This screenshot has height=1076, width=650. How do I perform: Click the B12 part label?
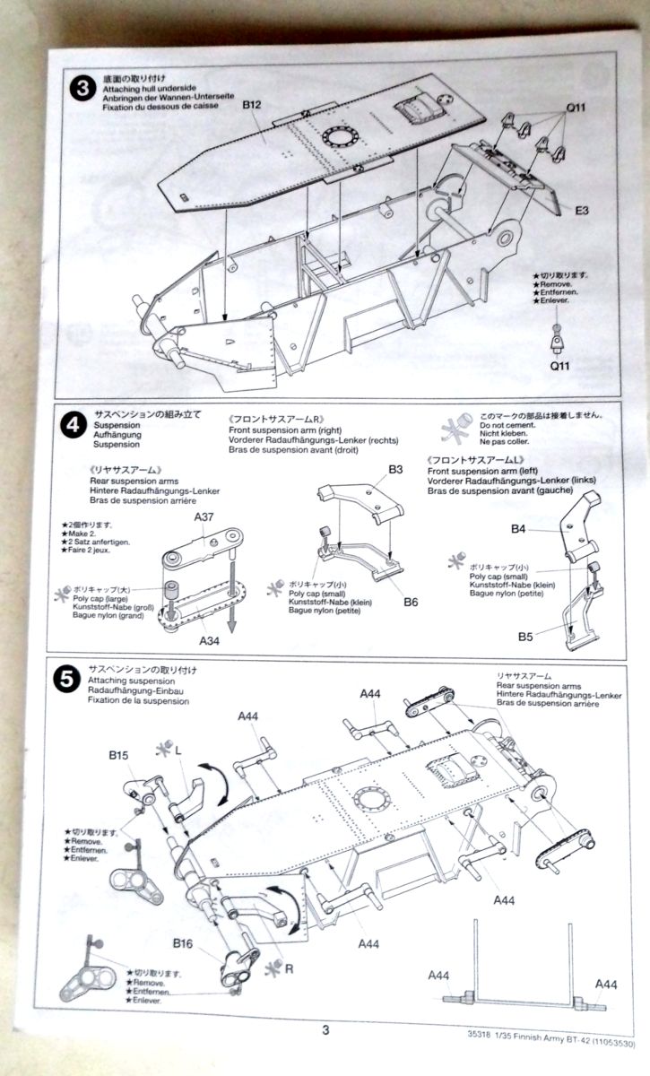(x=252, y=106)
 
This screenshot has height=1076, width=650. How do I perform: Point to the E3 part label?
(x=582, y=212)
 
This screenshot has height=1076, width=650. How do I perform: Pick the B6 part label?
(x=410, y=602)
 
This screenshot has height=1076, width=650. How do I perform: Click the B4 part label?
(x=518, y=529)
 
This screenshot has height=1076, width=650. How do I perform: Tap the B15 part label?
(x=121, y=757)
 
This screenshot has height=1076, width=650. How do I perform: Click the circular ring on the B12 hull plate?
(x=339, y=138)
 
